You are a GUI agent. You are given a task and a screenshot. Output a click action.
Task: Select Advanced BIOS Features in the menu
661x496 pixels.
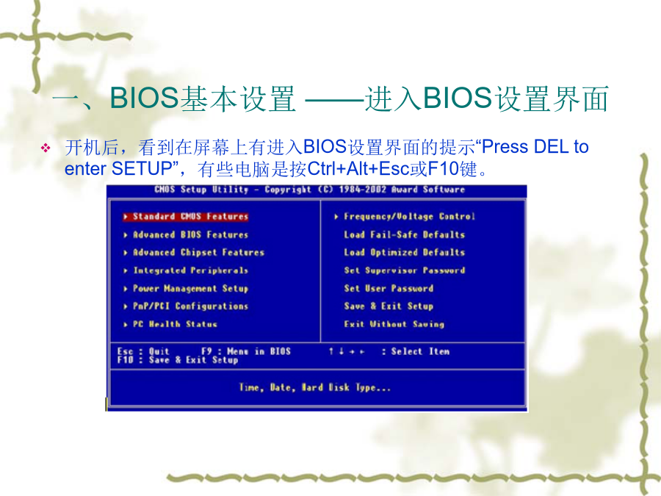click(190, 234)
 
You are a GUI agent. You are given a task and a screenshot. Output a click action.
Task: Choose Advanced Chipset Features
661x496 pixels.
click(198, 252)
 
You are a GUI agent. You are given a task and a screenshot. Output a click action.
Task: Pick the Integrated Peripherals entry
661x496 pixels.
click(190, 270)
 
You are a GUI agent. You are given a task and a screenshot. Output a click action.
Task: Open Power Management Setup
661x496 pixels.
click(190, 289)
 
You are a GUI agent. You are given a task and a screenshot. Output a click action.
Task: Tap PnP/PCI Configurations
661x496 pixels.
click(190, 306)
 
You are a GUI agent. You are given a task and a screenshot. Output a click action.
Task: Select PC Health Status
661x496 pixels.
click(175, 324)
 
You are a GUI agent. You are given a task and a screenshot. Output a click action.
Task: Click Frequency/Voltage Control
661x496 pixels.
click(409, 216)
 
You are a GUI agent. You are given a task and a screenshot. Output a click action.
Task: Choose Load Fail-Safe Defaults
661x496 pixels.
click(404, 234)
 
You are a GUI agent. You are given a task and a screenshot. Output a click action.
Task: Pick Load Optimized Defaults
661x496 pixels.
click(404, 252)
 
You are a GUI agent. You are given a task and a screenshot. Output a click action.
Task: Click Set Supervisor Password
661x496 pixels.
click(404, 270)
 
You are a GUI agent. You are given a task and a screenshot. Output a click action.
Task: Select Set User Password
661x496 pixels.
click(389, 289)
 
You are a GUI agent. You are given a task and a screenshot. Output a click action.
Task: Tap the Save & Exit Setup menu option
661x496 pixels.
click(389, 306)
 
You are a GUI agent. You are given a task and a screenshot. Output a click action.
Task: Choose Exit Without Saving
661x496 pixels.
click(394, 324)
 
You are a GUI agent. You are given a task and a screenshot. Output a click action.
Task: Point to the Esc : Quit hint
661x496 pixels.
click(143, 351)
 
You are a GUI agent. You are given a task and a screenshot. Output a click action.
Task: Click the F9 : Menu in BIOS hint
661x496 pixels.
click(246, 351)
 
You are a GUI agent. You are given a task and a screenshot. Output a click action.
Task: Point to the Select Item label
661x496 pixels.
click(420, 351)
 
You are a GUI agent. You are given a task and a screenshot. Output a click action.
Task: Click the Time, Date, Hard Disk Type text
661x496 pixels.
click(315, 387)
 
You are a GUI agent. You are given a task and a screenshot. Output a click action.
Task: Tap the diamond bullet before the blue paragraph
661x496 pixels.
click(46, 148)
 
